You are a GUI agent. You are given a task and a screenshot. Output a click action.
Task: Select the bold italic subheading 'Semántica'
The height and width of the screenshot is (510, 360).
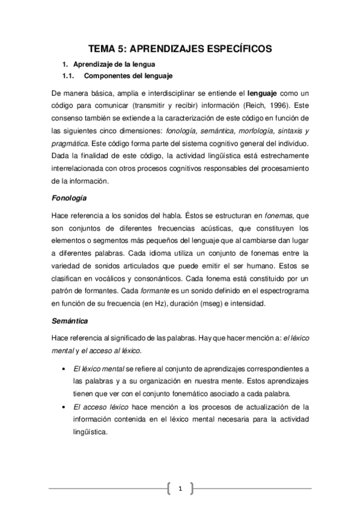pyautogui.click(x=69, y=322)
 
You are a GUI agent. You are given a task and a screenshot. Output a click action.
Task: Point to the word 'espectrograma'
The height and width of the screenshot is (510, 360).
pyautogui.click(x=281, y=293)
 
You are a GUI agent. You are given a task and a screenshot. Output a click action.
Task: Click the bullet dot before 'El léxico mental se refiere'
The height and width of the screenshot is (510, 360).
pyautogui.click(x=64, y=368)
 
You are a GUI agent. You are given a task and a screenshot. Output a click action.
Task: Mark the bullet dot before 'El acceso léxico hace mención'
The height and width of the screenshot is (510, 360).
pyautogui.click(x=64, y=408)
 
